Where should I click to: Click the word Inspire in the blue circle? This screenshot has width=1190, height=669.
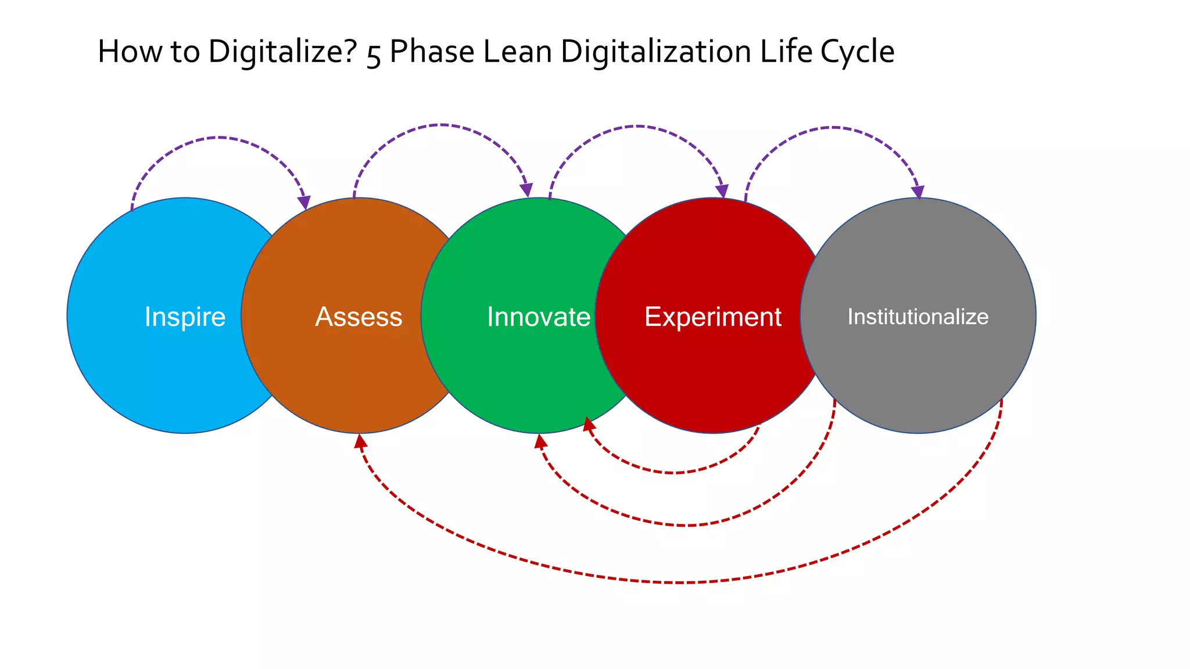coord(185,317)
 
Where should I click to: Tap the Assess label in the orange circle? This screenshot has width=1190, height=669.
coord(359,317)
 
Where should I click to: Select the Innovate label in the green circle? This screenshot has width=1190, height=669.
coord(539,317)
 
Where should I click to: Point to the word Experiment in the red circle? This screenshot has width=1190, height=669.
coord(713,317)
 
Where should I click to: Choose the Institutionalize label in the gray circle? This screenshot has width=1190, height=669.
coord(918,317)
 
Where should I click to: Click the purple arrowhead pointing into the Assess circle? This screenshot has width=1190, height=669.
coord(304,203)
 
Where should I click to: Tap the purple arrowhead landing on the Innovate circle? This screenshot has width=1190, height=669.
coord(526,190)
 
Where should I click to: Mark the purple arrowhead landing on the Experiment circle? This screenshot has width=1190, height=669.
coord(722,192)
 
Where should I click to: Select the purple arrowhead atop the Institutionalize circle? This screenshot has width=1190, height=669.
coord(918,192)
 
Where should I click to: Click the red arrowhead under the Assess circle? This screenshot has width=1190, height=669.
coord(360,441)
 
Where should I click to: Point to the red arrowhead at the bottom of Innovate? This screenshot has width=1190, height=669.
coord(540,441)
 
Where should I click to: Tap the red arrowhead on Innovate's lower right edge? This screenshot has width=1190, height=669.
coord(589,424)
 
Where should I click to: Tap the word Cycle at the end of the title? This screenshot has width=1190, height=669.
coord(857,52)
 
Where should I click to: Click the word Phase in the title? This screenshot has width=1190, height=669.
coord(432,52)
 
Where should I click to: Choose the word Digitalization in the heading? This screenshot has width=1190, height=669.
coord(655,52)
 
